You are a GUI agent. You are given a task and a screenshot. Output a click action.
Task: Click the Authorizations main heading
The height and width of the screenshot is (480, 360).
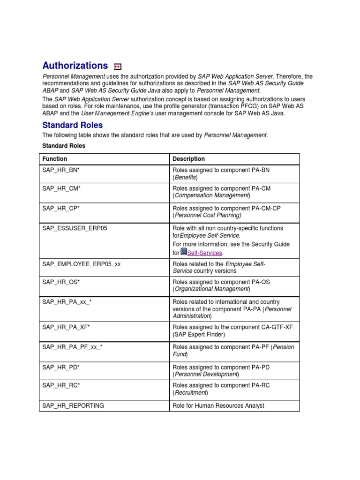75,66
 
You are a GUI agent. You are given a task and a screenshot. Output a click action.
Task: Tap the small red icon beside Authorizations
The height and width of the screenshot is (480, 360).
118,67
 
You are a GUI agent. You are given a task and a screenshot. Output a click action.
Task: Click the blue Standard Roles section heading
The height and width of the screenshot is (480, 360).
72,125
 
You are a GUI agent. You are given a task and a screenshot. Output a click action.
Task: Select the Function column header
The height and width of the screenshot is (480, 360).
55,159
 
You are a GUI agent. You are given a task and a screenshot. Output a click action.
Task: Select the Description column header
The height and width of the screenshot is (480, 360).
188,159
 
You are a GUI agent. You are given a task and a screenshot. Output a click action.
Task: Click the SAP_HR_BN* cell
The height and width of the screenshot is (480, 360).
61,170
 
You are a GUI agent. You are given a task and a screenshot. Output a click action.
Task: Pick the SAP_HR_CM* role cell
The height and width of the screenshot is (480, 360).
61,188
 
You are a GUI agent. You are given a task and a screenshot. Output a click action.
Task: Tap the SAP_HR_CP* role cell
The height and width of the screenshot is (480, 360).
61,208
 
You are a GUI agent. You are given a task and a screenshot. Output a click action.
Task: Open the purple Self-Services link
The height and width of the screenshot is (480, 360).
205,253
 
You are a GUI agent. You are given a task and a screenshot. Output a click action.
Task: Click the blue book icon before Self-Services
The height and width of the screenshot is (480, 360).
184,252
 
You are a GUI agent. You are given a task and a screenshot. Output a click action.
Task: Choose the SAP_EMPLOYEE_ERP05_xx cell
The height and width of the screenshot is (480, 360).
82,264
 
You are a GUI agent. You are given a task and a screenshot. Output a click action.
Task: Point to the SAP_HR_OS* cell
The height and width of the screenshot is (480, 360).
61,282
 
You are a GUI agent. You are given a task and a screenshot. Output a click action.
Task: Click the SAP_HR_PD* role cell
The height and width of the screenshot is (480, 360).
61,367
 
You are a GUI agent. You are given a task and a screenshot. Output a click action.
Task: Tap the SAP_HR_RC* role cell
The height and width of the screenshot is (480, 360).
61,385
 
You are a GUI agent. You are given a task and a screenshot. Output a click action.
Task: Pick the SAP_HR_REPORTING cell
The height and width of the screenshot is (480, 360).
73,405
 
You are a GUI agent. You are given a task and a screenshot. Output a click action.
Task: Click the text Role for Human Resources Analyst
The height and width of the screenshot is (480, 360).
218,405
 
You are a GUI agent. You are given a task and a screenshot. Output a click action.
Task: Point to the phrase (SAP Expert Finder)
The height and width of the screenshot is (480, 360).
199,334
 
